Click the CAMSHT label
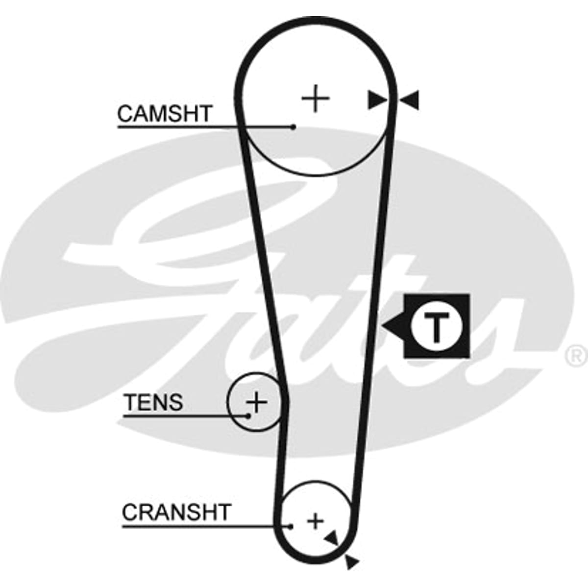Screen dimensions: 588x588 click(164, 114)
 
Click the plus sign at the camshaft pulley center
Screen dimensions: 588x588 click(316, 98)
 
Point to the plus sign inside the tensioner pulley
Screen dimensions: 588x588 click(257, 402)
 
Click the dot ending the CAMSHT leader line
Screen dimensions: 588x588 click(293, 127)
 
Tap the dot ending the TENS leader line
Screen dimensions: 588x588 click(248, 416)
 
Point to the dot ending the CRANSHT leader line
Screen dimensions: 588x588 click(290, 527)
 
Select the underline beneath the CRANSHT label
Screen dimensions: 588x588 click(206, 527)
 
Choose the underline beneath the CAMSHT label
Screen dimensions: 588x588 click(205, 127)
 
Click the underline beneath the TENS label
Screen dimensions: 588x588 click(186, 416)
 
